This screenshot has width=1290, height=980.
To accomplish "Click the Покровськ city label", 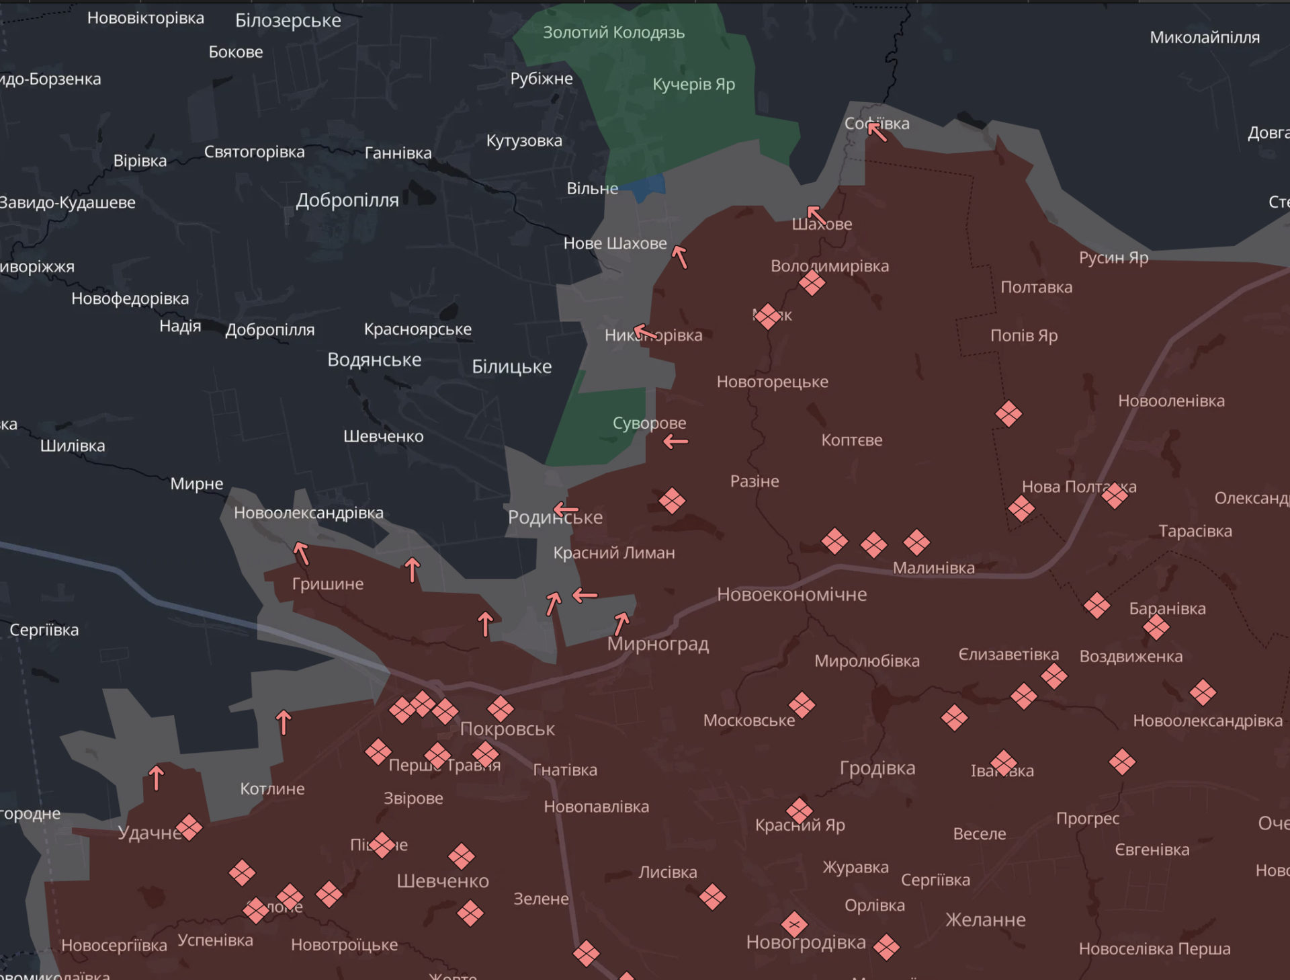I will pyautogui.click(x=507, y=729).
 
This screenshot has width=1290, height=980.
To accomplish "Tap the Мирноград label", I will pyautogui.click(x=658, y=644).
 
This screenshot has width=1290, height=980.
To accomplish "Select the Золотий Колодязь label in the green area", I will pyautogui.click(x=613, y=32).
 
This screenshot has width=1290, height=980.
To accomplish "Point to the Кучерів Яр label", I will pyautogui.click(x=693, y=84).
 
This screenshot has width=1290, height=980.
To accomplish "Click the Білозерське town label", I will pyautogui.click(x=288, y=20).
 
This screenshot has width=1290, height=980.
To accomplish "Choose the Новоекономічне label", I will pyautogui.click(x=791, y=594).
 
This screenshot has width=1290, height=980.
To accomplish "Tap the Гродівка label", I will pyautogui.click(x=877, y=768).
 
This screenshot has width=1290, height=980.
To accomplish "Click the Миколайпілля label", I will pyautogui.click(x=1204, y=38).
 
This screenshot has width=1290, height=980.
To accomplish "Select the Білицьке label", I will pyautogui.click(x=511, y=366).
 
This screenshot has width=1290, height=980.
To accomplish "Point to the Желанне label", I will pyautogui.click(x=985, y=920).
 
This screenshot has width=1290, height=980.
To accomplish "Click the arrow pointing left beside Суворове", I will pyautogui.click(x=676, y=442).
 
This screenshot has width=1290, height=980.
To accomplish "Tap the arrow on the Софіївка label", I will pyautogui.click(x=876, y=130).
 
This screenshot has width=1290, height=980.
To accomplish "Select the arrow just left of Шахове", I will pyautogui.click(x=816, y=215).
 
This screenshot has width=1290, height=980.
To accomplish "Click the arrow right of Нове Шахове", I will pyautogui.click(x=680, y=257).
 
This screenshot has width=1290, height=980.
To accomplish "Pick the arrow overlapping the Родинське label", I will pyautogui.click(x=566, y=510).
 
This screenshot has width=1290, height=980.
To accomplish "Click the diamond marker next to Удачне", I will pyautogui.click(x=189, y=827).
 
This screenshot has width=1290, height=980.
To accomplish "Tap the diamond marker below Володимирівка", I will pyautogui.click(x=812, y=283).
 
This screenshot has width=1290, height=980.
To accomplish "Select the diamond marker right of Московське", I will pyautogui.click(x=802, y=705).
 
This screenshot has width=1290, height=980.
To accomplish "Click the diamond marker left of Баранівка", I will pyautogui.click(x=1096, y=606).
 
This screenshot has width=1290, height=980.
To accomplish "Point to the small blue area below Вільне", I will pyautogui.click(x=646, y=187).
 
